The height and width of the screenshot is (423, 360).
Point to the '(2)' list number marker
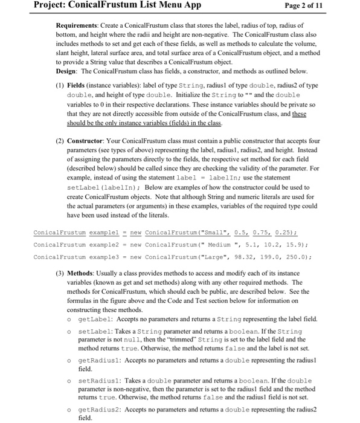click(60, 140)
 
